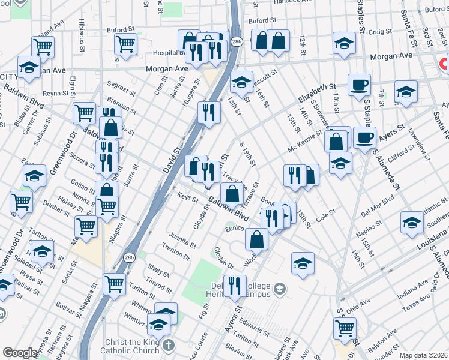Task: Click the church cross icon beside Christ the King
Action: [169, 346]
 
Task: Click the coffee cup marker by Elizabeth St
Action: [359, 85]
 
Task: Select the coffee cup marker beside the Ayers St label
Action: [364, 138]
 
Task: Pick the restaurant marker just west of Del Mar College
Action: [234, 285]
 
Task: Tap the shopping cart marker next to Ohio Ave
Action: [345, 328]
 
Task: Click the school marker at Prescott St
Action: [241, 81]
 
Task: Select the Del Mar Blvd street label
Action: [378, 205]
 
